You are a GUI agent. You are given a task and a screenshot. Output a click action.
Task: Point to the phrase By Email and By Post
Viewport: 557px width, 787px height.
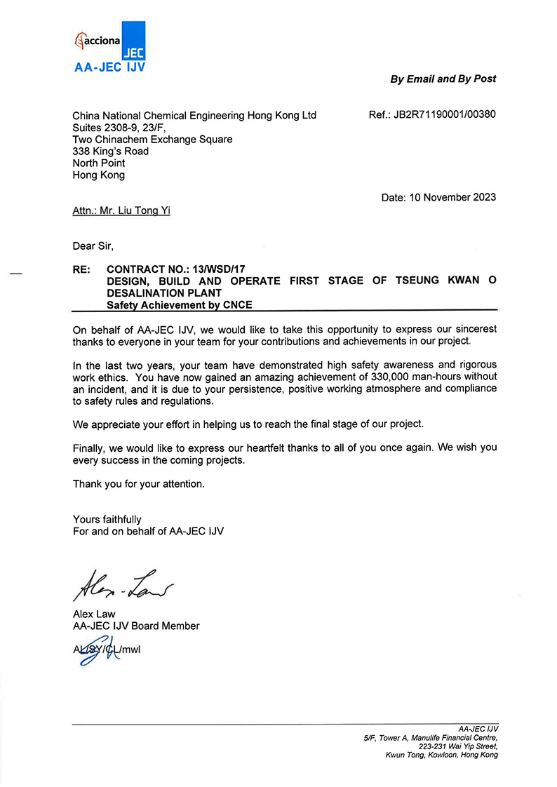[x=443, y=79]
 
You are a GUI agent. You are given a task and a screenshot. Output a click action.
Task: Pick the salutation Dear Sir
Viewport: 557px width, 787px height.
[x=93, y=245]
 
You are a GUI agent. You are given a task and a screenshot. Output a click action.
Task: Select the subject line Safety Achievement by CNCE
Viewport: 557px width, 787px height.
[x=179, y=305]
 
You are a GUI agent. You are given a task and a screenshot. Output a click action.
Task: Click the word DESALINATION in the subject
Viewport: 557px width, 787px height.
[x=146, y=292]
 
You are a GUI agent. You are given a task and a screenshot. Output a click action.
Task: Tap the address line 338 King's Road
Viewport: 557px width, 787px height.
[x=111, y=152]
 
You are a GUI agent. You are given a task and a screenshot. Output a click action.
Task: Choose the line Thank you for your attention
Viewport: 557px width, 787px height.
[x=139, y=484]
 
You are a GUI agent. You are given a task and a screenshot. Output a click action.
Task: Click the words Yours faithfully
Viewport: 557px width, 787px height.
[x=107, y=520]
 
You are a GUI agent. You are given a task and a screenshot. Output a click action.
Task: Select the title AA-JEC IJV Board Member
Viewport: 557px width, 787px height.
[x=136, y=626]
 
